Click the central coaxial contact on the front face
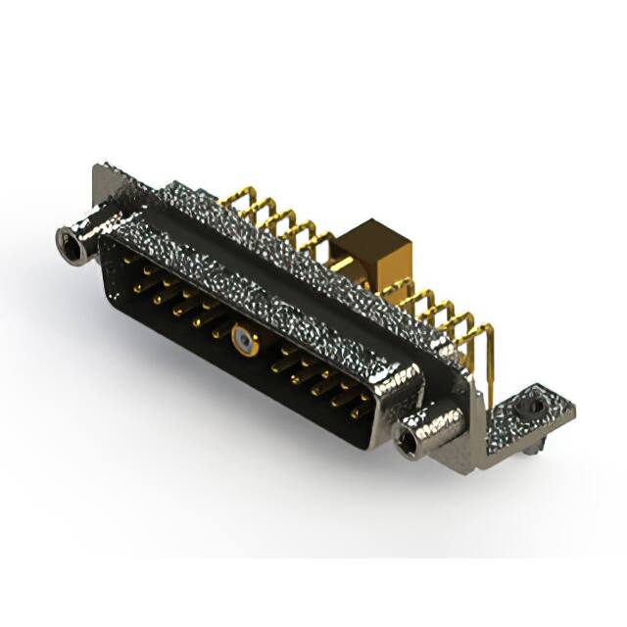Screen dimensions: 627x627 click(x=241, y=343)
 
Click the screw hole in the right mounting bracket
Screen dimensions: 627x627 click(x=534, y=403)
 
